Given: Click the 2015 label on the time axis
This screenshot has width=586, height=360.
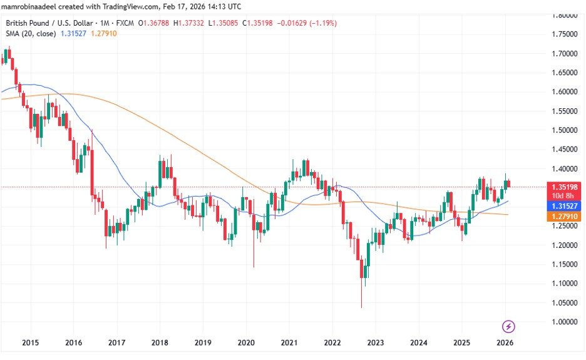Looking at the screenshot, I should click(30, 342).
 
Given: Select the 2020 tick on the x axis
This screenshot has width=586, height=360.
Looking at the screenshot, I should click(245, 342).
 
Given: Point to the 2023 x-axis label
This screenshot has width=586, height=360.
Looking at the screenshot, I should click(375, 342).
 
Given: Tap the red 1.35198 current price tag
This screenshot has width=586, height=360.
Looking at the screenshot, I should click(563, 186).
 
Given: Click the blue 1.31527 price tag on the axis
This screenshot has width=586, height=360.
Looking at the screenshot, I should click(563, 205).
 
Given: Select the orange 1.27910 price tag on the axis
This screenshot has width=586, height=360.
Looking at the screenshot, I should click(563, 216).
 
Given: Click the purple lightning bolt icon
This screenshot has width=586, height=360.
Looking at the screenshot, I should click(509, 326).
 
